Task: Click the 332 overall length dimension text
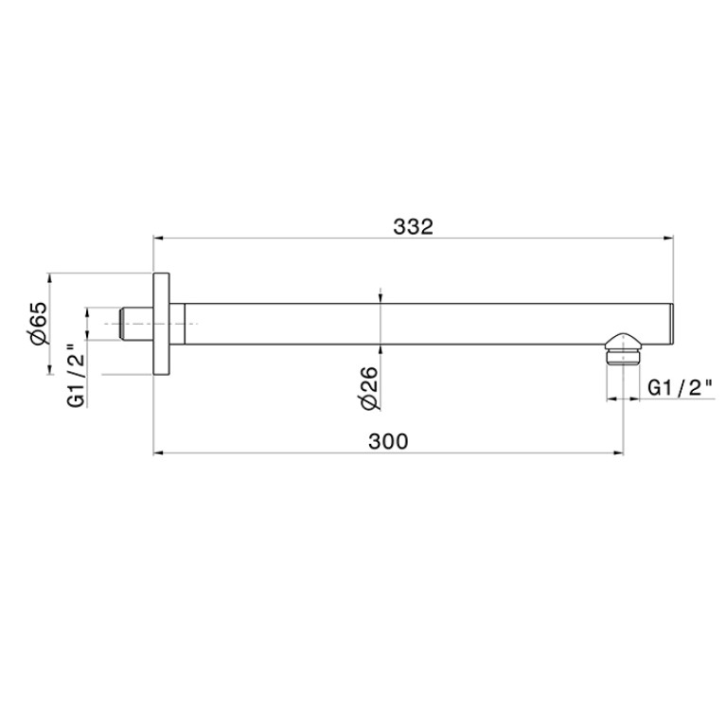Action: [413, 227]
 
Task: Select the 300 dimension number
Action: [388, 441]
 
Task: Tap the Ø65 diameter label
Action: [39, 323]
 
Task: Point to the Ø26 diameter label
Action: [370, 388]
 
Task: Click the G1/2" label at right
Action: [680, 388]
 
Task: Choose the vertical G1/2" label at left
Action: [77, 376]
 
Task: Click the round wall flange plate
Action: [161, 324]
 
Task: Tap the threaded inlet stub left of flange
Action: [136, 324]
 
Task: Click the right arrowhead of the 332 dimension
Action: [668, 239]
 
